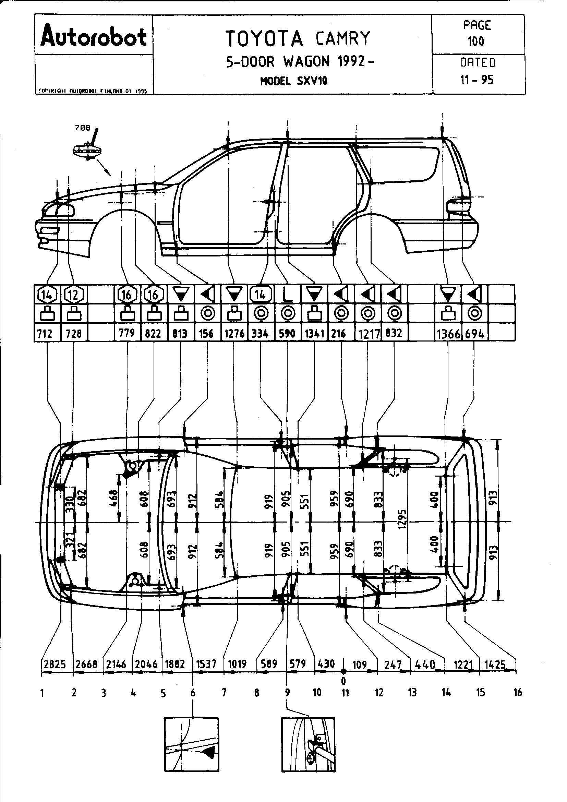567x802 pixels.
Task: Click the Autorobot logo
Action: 94,38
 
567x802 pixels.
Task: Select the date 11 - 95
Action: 477,80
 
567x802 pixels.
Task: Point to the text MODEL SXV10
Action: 294,81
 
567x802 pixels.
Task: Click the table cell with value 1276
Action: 234,334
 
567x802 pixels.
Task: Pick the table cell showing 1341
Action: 314,334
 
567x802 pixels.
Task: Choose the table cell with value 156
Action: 206,334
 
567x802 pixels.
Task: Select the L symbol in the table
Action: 287,295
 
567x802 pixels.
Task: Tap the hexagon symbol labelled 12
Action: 73,295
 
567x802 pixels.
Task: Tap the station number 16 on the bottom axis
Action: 518,692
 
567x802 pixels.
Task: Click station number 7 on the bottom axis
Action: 224,692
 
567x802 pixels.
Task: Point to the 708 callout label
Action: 82,128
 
